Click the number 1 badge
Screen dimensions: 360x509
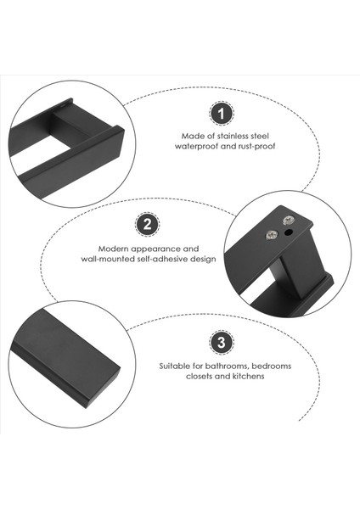coord(222,114)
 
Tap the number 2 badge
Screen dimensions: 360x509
coord(147,224)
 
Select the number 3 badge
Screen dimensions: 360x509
coord(222,343)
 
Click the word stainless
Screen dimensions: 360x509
coord(232,136)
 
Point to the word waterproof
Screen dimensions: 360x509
coord(196,147)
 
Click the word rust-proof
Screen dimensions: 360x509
coord(257,147)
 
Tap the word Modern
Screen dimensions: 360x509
coord(113,249)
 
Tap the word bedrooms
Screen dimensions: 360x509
coord(272,366)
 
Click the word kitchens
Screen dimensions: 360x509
coord(249,376)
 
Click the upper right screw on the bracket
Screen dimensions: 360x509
coord(288,221)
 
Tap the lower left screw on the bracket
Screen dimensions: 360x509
coord(272,234)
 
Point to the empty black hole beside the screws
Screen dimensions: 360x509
coord(289,232)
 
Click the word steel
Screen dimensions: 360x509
coord(259,136)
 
